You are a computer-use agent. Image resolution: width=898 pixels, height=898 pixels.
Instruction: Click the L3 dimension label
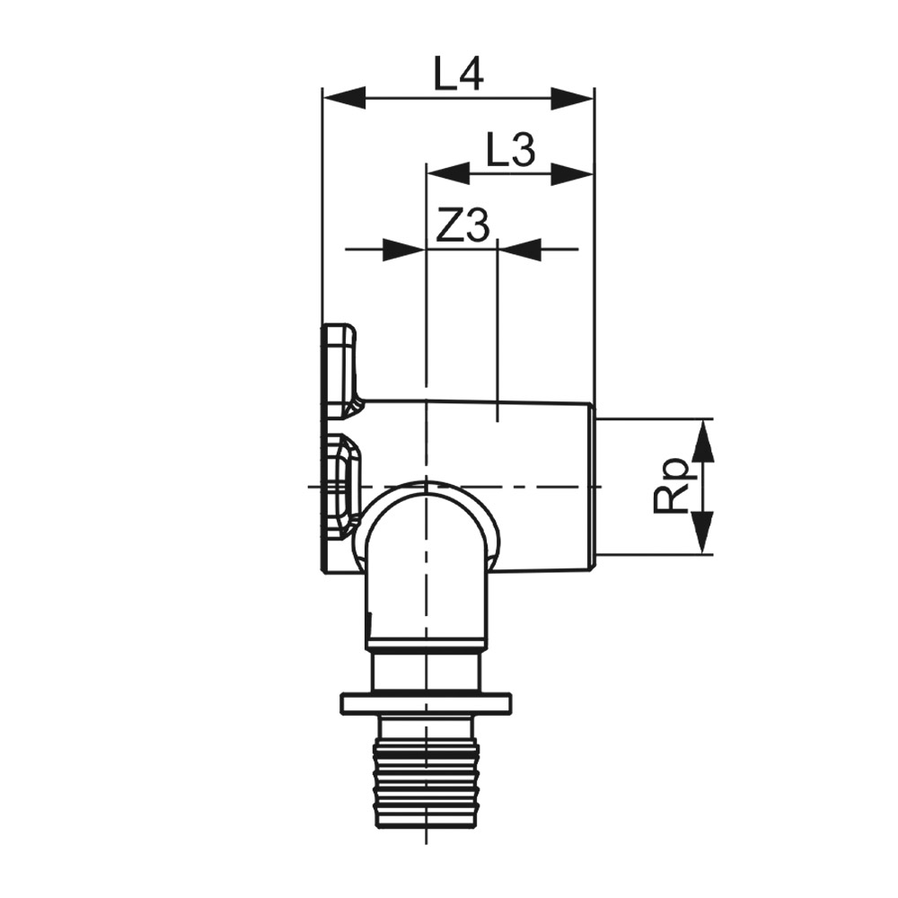[x=510, y=148]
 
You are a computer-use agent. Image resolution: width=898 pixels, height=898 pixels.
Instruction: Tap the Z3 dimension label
[x=462, y=225]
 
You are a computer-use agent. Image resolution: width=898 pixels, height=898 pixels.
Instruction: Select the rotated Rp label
[x=670, y=485]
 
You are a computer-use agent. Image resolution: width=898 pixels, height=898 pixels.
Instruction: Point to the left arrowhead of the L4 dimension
[x=344, y=98]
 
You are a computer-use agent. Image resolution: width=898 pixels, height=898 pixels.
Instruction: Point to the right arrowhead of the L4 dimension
[x=572, y=98]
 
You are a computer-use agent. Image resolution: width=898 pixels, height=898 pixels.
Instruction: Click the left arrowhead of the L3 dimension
[x=448, y=173]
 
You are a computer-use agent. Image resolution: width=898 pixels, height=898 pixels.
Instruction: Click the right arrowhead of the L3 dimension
[x=572, y=173]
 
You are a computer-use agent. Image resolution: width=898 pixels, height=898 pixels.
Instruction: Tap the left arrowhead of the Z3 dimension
[x=404, y=250]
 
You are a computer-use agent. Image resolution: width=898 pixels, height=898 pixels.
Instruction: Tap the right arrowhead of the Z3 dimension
[x=520, y=250]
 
